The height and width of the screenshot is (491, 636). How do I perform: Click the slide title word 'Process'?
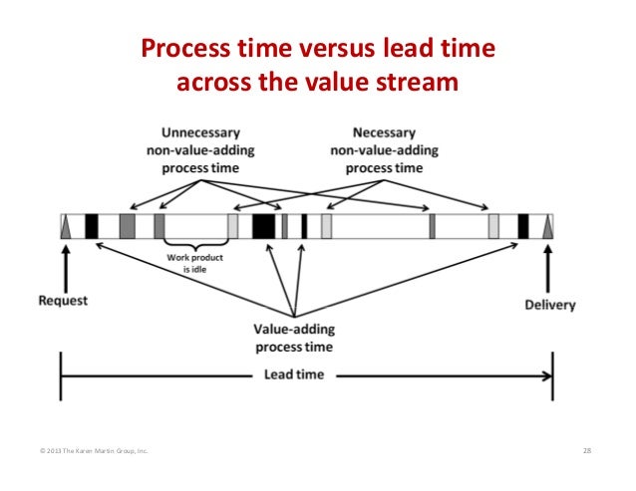point(183,50)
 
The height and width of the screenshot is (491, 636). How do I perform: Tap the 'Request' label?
point(64,300)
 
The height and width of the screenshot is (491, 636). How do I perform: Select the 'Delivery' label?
point(549,304)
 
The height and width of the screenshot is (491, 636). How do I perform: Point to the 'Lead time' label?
point(294,375)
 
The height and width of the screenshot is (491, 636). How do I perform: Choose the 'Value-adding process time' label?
point(294,338)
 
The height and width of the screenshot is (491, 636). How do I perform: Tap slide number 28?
point(587,452)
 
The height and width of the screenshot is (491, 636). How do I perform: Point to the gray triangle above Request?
point(67,228)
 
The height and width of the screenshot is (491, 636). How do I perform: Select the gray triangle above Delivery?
point(547,228)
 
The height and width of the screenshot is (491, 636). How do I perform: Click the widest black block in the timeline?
point(263,226)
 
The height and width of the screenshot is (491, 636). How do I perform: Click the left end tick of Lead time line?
point(62,375)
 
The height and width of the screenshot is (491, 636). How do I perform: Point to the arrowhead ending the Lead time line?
point(546,375)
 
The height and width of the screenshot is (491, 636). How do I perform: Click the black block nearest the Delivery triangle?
point(522,226)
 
